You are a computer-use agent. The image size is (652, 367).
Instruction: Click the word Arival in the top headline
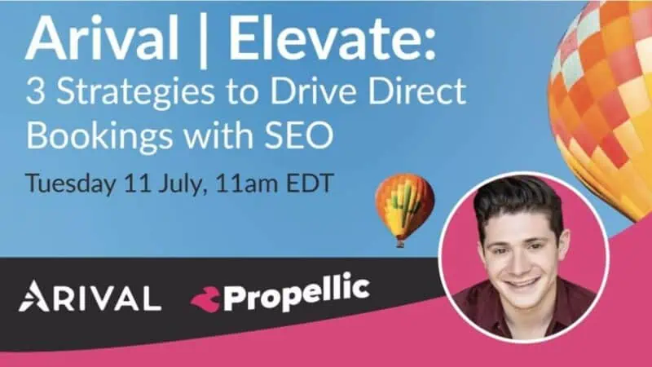coord(102,38)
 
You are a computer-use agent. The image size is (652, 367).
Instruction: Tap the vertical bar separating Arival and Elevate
coord(204,40)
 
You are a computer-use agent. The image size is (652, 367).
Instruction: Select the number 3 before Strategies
coord(35,91)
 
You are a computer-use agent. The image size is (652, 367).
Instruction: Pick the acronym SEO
coord(296,135)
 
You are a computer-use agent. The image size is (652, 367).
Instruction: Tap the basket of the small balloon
coord(400,243)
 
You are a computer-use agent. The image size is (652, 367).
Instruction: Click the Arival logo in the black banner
coord(90,296)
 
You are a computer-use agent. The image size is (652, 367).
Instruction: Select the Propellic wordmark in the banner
coord(296,294)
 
